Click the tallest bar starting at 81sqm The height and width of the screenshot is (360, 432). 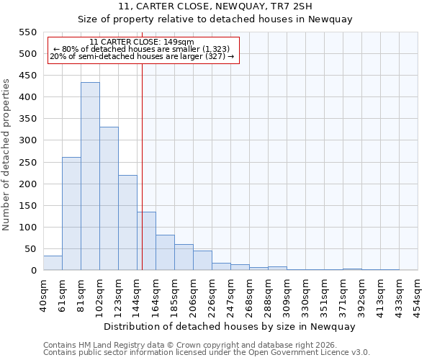click(90, 176)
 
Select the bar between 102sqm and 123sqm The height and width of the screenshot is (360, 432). click(109, 199)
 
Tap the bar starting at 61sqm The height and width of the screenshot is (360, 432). click(71, 214)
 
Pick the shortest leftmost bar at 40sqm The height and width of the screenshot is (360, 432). click(53, 263)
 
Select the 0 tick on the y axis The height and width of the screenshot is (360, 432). click(32, 271)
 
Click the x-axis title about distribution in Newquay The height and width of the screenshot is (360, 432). click(230, 326)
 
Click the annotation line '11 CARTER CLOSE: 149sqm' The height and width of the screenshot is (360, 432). click(142, 42)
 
